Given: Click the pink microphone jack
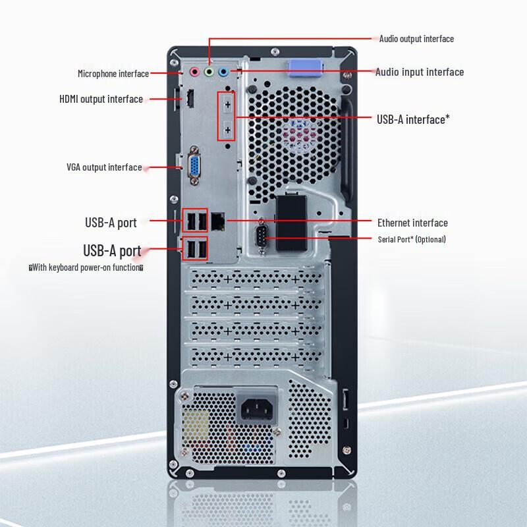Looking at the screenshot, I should coord(194,71).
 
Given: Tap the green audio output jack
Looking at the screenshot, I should coord(209,71).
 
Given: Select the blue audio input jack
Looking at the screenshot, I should coord(223,71).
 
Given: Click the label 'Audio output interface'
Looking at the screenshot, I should coord(416,39).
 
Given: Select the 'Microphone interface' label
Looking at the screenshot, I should coord(113,74).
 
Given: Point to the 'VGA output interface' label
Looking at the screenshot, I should coord(104,167).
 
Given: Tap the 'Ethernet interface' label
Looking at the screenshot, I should coord(412,223).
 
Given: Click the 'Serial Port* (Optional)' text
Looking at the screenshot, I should coord(412,239).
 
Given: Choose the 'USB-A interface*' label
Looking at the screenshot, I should coord(413,119).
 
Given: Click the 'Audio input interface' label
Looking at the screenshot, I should coord(420,72).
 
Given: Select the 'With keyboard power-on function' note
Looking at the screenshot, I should coord(86,267).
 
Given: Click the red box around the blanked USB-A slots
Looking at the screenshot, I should coord(227,116).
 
